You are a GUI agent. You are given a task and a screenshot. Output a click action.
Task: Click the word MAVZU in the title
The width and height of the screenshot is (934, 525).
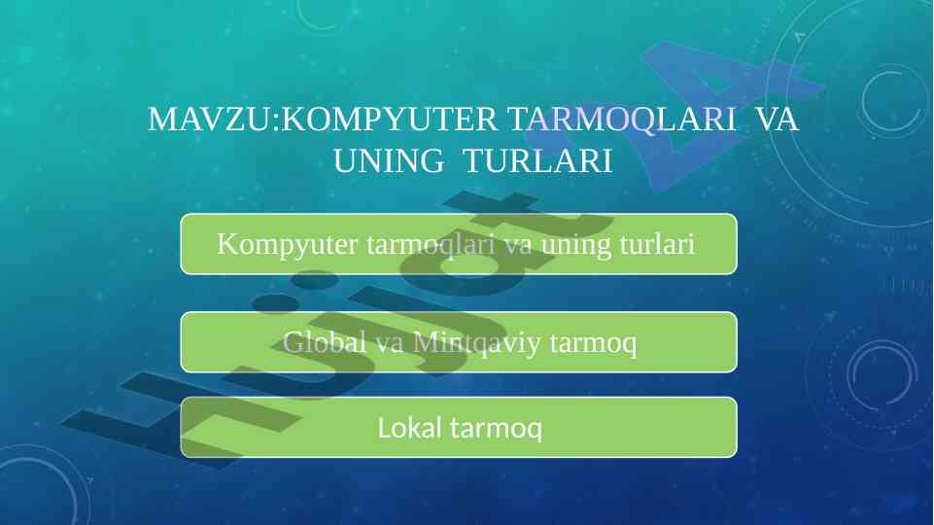pyautogui.click(x=209, y=120)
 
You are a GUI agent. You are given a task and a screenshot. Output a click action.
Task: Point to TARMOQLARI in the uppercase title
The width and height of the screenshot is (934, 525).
pyautogui.click(x=622, y=120)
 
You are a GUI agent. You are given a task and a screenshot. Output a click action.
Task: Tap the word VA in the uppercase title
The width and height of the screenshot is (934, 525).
pyautogui.click(x=777, y=120)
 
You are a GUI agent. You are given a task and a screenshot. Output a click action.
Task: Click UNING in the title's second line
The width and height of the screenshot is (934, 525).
pyautogui.click(x=389, y=160)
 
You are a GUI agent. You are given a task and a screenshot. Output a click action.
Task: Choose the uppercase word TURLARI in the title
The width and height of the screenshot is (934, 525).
pyautogui.click(x=537, y=160)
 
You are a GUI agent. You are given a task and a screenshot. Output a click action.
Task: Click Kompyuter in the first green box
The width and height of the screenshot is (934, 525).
pyautogui.click(x=287, y=245)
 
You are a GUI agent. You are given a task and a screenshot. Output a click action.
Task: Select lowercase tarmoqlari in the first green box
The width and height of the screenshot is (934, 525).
pyautogui.click(x=431, y=245)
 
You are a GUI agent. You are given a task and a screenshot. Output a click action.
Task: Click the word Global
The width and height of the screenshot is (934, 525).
pyautogui.click(x=324, y=342)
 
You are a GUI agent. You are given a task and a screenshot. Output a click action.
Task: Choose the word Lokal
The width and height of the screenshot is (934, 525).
pyautogui.click(x=410, y=428)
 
